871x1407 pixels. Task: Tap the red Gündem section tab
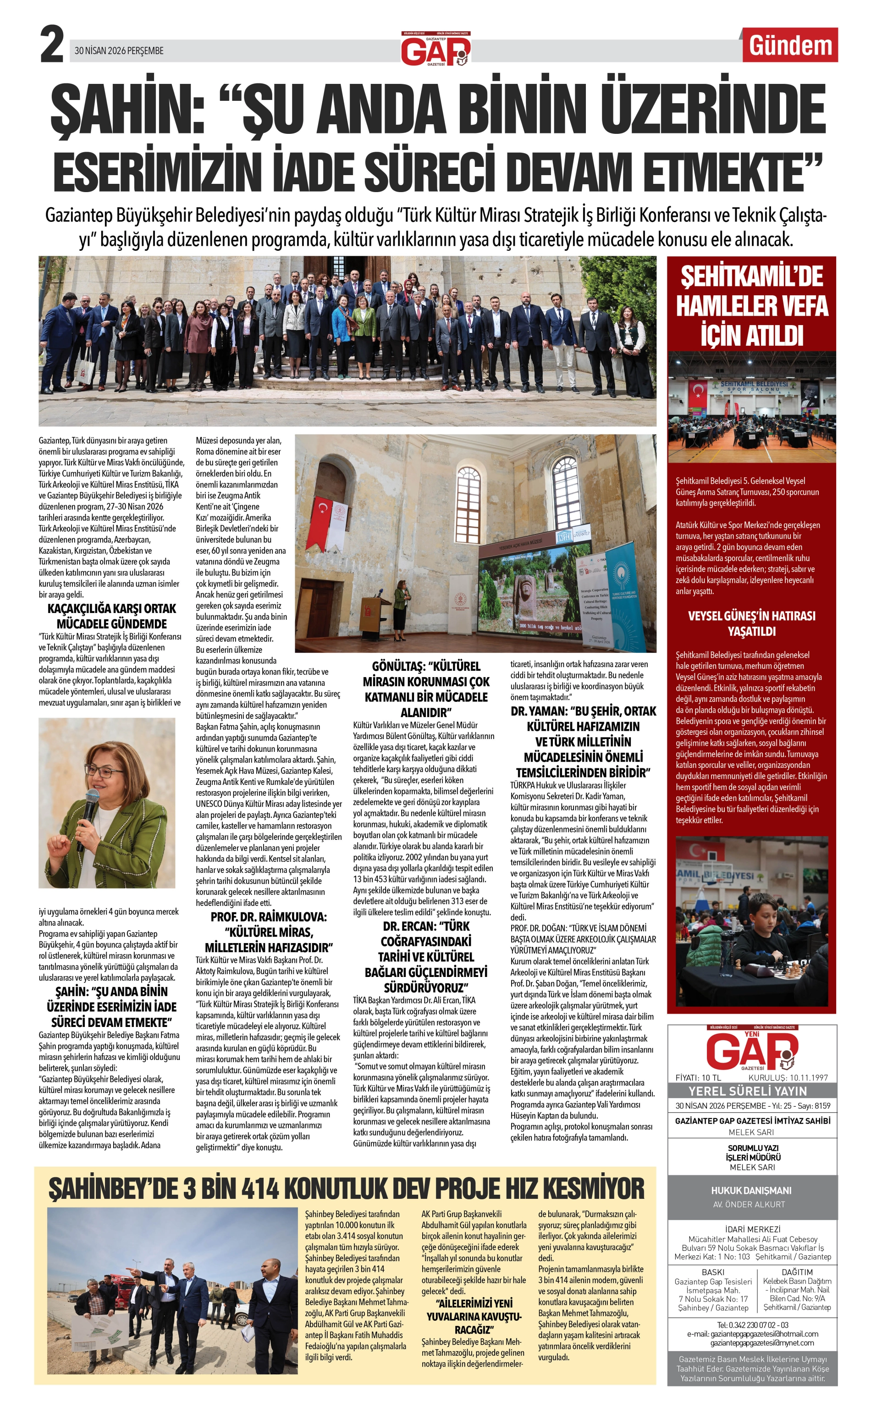(x=790, y=46)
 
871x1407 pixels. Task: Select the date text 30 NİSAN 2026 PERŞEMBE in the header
(x=119, y=51)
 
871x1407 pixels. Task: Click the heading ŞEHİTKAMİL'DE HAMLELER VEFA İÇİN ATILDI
(x=752, y=305)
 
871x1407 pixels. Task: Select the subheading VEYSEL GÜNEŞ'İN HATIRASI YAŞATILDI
(x=752, y=623)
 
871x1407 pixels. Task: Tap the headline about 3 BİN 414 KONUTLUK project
(x=346, y=1187)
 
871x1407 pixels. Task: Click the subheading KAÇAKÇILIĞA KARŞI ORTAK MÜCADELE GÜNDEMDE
(x=111, y=616)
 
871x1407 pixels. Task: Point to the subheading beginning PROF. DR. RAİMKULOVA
(x=269, y=932)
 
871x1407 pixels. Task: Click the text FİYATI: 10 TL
(x=698, y=1077)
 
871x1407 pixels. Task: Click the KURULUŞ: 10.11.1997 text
(x=788, y=1077)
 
